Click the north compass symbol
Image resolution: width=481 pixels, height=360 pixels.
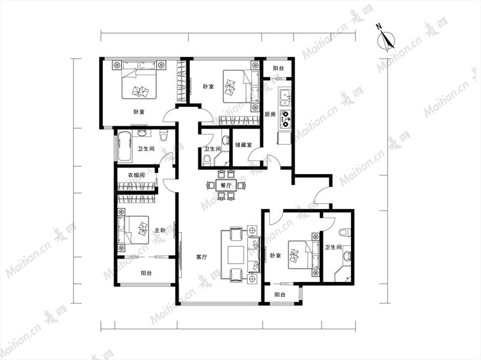click(x=386, y=40)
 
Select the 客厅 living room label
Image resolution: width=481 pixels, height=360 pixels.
click(x=201, y=257)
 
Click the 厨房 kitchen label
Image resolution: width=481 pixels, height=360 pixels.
click(x=270, y=114)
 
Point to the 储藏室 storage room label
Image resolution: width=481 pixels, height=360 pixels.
click(x=244, y=144)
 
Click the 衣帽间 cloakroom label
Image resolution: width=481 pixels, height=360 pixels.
click(x=136, y=175)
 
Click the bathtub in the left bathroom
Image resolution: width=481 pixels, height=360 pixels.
click(x=124, y=146)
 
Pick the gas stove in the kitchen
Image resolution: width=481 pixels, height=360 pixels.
click(x=285, y=118)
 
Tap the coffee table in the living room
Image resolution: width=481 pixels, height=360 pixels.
click(x=236, y=254)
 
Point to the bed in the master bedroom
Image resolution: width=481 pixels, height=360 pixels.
click(x=133, y=230)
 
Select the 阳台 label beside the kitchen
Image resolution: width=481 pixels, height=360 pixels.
click(x=278, y=69)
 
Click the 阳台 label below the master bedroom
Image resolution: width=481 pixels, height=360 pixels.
click(x=146, y=273)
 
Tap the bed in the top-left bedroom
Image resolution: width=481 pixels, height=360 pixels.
click(x=139, y=80)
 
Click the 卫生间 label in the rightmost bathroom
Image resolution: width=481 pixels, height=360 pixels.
click(x=333, y=247)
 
